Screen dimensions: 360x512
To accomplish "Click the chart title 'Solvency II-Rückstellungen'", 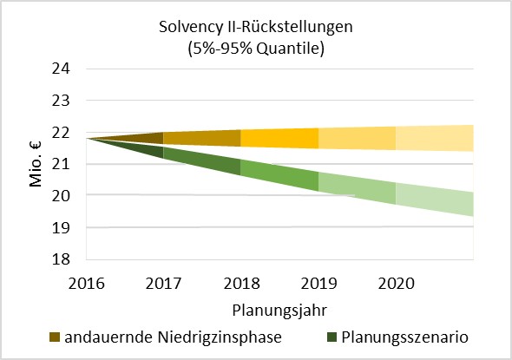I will coord(256,27).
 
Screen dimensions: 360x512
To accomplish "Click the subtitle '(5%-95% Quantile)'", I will coord(256,49).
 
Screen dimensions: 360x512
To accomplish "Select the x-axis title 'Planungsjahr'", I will coord(272,308).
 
